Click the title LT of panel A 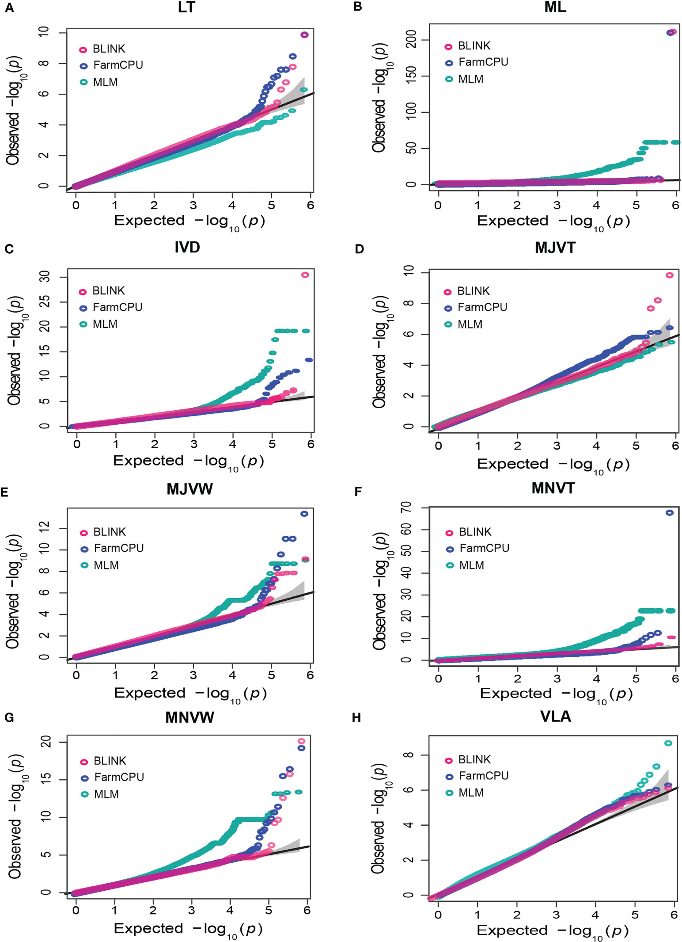[186, 8]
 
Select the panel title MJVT [555, 248]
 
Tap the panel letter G [9, 718]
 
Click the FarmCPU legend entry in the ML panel [483, 62]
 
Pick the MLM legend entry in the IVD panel [105, 324]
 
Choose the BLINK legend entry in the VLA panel [474, 759]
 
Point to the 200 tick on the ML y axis [411, 40]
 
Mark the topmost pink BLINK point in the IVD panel [305, 275]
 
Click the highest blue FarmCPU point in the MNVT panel [670, 513]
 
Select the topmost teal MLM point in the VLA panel [668, 743]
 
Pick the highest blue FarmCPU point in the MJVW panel [304, 514]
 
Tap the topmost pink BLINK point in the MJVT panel [670, 275]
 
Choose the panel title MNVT [553, 488]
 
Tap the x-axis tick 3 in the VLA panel [556, 915]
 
